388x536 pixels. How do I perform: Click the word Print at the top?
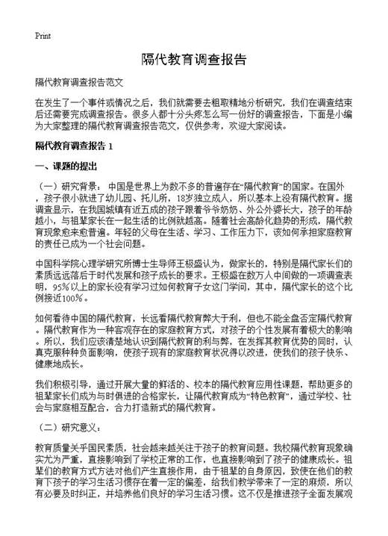pos(42,35)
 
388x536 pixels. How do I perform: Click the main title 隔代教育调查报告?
pos(193,58)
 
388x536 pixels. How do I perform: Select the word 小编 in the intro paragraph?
pos(341,114)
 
